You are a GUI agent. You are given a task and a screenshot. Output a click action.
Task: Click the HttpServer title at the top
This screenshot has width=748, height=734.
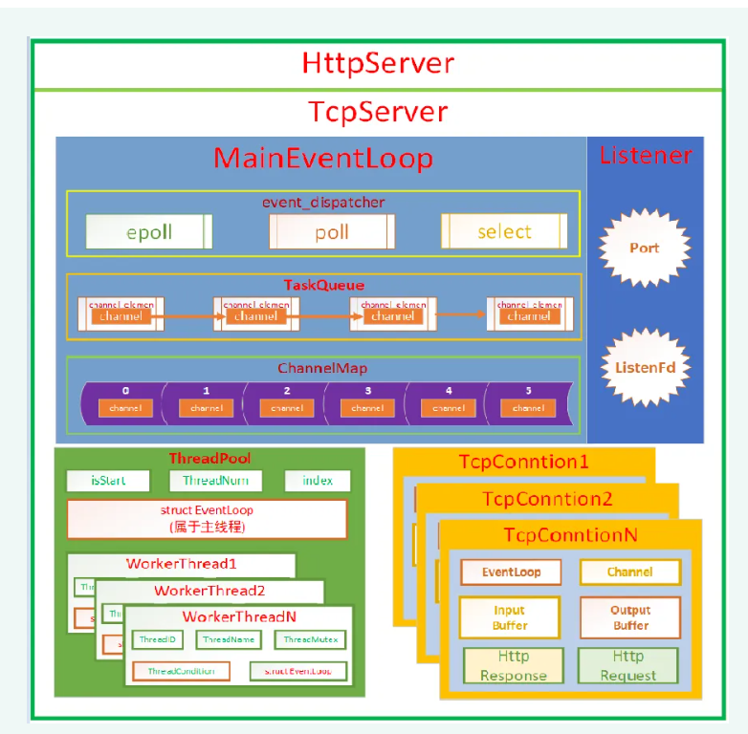click(378, 63)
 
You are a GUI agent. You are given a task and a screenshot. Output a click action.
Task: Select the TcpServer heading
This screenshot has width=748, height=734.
click(378, 112)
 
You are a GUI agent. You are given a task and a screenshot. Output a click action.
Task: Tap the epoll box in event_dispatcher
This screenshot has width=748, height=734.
click(148, 231)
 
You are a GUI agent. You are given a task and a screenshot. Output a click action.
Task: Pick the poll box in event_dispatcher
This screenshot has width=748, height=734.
click(332, 231)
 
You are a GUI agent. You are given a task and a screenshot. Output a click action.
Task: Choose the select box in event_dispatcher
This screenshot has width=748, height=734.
click(504, 231)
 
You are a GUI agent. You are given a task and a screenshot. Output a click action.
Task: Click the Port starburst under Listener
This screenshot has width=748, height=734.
click(644, 248)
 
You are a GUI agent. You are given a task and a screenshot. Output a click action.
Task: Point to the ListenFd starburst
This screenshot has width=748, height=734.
click(644, 367)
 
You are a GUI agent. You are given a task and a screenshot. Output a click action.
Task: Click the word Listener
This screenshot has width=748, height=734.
click(646, 155)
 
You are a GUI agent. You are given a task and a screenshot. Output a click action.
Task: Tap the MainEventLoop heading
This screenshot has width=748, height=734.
click(323, 158)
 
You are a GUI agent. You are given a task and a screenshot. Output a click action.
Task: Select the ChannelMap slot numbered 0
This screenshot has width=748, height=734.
click(125, 400)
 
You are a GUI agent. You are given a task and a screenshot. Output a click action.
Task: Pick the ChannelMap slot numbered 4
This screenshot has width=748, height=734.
click(448, 400)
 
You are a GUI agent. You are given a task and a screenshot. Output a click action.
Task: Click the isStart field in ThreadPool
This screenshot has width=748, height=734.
click(108, 480)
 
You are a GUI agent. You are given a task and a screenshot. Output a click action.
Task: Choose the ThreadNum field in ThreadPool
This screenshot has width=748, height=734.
click(214, 480)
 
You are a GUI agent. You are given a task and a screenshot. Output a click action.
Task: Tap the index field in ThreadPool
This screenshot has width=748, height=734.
click(318, 480)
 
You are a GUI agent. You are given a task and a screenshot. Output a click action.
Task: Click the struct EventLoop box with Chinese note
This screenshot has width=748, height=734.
click(207, 518)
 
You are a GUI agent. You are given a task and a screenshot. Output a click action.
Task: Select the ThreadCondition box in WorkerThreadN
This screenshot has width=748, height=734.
click(181, 671)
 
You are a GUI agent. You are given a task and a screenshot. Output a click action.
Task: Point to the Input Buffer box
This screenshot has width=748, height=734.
click(509, 617)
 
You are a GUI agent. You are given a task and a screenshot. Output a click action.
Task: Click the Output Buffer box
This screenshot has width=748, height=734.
click(630, 617)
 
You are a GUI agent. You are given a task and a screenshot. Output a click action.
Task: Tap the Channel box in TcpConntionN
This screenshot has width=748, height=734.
click(630, 572)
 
